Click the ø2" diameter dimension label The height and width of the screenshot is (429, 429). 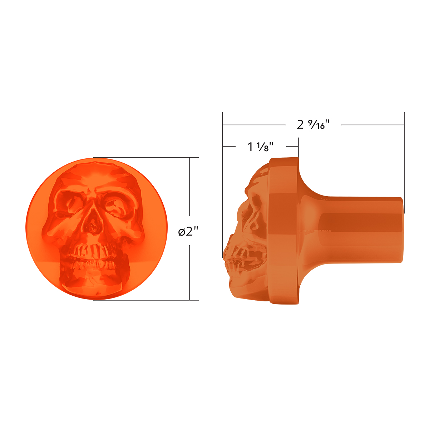click(188, 232)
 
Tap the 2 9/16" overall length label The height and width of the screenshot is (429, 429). click(313, 125)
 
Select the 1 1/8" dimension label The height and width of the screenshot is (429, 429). click(261, 147)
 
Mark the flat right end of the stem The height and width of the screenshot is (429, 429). click(403, 229)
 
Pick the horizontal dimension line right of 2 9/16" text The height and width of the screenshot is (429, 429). click(372, 125)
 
